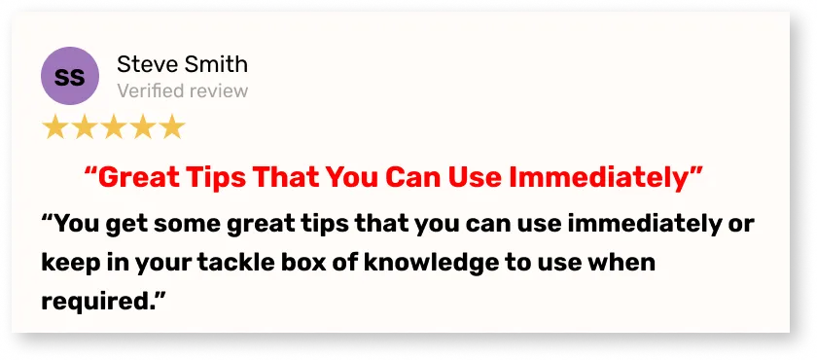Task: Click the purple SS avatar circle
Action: click(70, 76)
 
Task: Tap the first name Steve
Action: click(147, 64)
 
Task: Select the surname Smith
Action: click(215, 64)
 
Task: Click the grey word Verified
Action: click(150, 90)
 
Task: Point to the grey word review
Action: click(218, 91)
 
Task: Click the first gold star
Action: click(54, 126)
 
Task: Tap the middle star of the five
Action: click(113, 126)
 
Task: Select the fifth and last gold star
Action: click(172, 126)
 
